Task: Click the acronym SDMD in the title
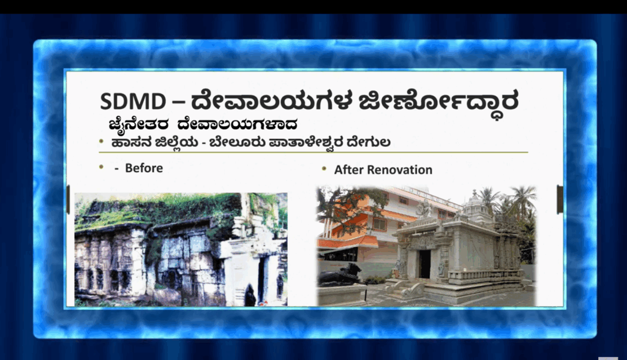133,101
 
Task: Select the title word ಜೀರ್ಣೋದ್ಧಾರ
438,102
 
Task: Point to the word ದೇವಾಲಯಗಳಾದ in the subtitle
238,124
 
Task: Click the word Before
144,168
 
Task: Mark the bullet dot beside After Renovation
325,169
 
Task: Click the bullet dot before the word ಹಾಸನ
102,141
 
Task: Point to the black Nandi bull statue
340,275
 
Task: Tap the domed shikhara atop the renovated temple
475,204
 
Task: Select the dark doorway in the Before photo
262,280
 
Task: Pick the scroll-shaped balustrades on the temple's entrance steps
404,288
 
